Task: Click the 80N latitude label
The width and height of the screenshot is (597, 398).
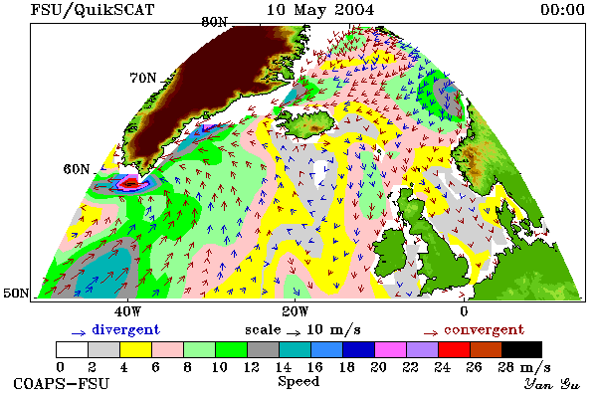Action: (214, 22)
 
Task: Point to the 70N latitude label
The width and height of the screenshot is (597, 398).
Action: (143, 78)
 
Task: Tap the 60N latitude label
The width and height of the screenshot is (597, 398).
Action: (77, 169)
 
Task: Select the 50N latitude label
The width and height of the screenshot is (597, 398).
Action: (16, 293)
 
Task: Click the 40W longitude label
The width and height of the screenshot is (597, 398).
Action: (127, 311)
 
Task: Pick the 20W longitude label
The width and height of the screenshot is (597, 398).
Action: (296, 311)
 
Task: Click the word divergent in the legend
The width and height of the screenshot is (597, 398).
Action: (125, 329)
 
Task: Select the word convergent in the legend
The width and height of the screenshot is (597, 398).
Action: (484, 329)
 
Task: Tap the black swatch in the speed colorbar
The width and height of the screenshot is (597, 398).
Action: (521, 349)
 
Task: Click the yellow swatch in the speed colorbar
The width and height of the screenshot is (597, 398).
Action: (136, 349)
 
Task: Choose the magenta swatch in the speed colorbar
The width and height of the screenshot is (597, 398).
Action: (391, 349)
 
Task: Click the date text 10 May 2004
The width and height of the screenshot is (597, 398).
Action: (320, 10)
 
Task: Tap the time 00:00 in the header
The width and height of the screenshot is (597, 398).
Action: (562, 10)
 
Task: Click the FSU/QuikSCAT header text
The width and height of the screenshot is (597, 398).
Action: (93, 10)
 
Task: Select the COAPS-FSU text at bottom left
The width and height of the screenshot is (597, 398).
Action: (62, 383)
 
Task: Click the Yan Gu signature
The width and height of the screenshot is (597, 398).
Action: (551, 384)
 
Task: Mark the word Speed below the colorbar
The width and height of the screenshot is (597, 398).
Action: (298, 382)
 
